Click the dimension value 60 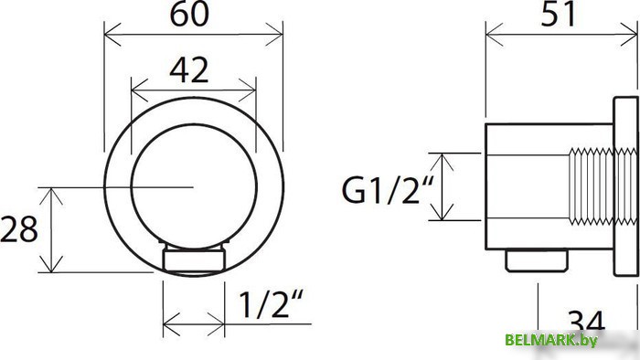[x=189, y=14]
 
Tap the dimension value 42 [x=189, y=69]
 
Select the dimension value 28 [x=19, y=228]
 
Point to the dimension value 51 [x=559, y=14]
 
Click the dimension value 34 [x=587, y=323]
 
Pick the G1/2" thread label [x=387, y=190]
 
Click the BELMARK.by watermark [x=551, y=340]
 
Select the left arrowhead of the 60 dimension [x=112, y=35]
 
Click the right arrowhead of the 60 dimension [x=274, y=35]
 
